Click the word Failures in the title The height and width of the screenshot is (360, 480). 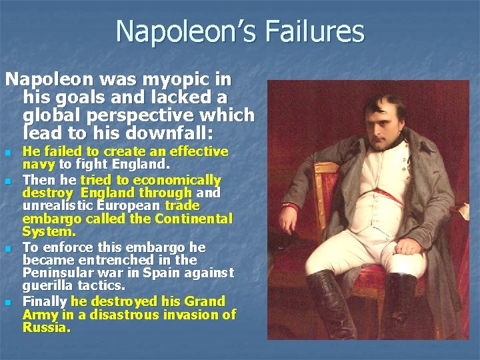click(318, 31)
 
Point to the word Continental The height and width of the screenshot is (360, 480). click(194, 219)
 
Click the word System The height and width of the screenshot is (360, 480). click(49, 232)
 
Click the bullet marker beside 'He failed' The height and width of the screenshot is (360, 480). click(9, 153)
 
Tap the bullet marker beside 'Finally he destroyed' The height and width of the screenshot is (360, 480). click(9, 303)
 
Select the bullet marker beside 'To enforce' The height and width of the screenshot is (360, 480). click(9, 249)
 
